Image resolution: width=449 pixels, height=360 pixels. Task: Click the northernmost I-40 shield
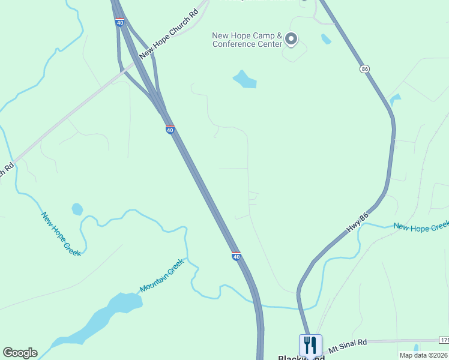click(x=120, y=22)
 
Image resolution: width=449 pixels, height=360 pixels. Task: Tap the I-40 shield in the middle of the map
click(x=170, y=130)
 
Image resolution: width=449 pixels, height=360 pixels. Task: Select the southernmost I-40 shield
click(x=237, y=256)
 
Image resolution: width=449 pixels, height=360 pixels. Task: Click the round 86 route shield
click(x=364, y=70)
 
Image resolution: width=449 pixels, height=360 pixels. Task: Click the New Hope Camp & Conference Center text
click(x=247, y=40)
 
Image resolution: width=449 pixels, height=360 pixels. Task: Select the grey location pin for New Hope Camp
click(x=291, y=40)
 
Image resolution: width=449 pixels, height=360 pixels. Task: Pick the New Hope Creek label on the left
click(x=61, y=233)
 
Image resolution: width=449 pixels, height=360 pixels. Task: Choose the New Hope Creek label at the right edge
click(x=421, y=226)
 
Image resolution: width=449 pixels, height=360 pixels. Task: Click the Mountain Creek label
click(x=161, y=280)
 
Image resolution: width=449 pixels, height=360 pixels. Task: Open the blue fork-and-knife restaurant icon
click(x=310, y=345)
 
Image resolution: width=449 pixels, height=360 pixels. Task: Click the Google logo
click(x=20, y=353)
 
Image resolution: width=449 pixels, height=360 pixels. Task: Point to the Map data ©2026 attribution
click(x=423, y=355)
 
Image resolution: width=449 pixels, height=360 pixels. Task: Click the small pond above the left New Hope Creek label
click(x=77, y=209)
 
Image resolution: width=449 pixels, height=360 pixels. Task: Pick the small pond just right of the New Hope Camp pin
click(x=326, y=39)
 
